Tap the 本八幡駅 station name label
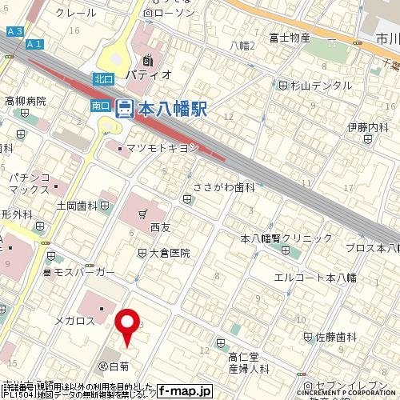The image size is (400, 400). pos(172,109)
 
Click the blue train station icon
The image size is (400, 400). pos(125,108)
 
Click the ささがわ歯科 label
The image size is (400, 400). pos(225,187)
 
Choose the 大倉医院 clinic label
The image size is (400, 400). pos(169,253)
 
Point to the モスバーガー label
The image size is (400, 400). pos(84,273)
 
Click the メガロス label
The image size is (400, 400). pos(75,321)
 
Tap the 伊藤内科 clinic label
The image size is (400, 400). pos(367,126)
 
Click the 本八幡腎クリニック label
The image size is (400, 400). pos(286,238)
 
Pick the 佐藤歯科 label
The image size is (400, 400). pos(335,337)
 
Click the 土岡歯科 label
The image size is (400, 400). pos(77,206)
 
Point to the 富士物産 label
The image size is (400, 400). pos(290,37)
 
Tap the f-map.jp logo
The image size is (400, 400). pos(185,391)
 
